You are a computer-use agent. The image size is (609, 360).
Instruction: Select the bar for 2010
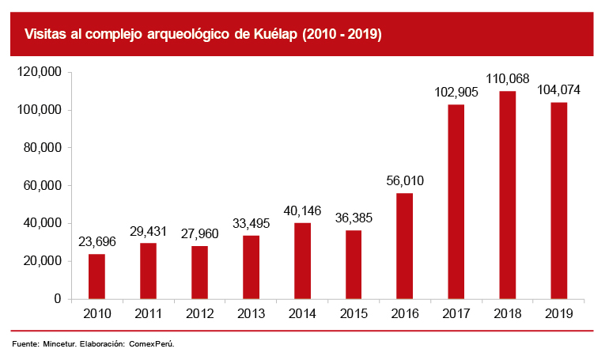[96, 276]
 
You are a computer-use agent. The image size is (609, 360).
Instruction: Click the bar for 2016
[405, 246]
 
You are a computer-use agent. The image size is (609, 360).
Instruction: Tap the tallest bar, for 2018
[508, 195]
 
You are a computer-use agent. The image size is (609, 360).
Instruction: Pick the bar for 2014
[302, 261]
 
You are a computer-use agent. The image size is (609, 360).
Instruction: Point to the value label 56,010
[405, 181]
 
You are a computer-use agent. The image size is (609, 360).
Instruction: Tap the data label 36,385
[354, 218]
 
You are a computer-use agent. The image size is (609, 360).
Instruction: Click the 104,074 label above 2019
[558, 90]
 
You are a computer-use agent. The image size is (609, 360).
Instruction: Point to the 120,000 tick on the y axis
[40, 72]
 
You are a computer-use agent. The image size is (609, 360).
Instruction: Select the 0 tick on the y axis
[58, 299]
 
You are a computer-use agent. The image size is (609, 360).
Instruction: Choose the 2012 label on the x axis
[199, 314]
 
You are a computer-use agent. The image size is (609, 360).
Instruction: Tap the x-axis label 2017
[456, 314]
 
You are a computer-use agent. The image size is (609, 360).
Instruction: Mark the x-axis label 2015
[354, 314]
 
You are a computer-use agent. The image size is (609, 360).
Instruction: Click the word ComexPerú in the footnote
[151, 345]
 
